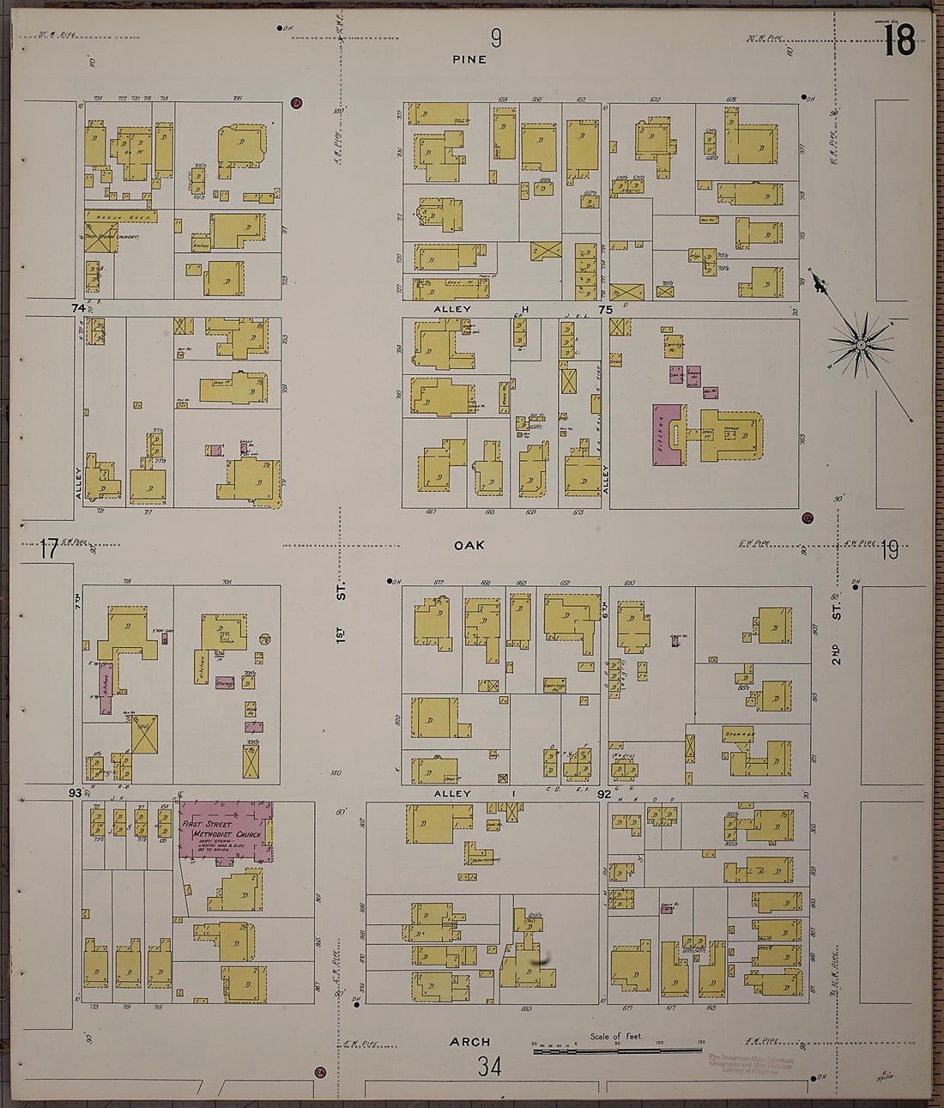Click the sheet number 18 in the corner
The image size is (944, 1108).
(899, 39)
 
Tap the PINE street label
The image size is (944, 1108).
(469, 59)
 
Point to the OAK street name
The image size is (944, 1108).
(469, 545)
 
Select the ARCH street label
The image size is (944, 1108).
(470, 1042)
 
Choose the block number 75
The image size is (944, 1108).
(606, 310)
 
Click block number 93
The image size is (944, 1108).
(76, 793)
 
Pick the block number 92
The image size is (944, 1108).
(604, 795)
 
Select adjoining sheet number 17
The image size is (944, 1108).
(49, 549)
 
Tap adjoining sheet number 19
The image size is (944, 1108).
(889, 550)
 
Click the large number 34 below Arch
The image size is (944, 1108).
(489, 1067)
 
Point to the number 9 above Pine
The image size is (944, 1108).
(496, 38)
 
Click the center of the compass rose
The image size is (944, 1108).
(861, 345)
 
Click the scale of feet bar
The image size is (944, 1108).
(618, 1050)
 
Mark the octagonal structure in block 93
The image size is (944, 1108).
(265, 639)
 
